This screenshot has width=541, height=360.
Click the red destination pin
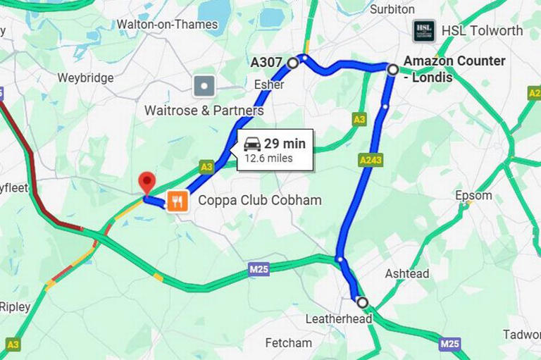tap(147, 182)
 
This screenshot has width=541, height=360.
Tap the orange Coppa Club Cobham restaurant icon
tap(177, 201)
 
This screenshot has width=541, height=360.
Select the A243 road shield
tap(370, 161)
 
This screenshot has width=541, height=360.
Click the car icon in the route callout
tap(252, 144)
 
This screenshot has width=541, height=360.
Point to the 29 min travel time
tap(285, 144)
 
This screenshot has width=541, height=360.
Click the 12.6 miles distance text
tap(268, 159)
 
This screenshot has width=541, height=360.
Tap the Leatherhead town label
tap(338, 319)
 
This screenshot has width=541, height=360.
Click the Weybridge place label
tap(85, 77)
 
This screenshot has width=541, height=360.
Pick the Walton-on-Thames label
tap(167, 25)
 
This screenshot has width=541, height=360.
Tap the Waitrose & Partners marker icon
tap(204, 86)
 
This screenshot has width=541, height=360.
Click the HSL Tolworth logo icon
tap(424, 30)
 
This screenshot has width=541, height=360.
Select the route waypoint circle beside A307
tap(293, 63)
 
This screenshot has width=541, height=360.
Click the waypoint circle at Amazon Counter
tap(392, 68)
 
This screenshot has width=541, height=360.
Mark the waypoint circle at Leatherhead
tap(362, 302)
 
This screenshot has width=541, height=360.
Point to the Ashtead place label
tap(406, 273)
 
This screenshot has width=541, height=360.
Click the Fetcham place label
tap(288, 343)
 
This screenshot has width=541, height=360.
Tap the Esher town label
tap(268, 85)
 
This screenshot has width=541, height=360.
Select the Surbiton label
tap(392, 9)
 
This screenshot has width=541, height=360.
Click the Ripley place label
tap(15, 307)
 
